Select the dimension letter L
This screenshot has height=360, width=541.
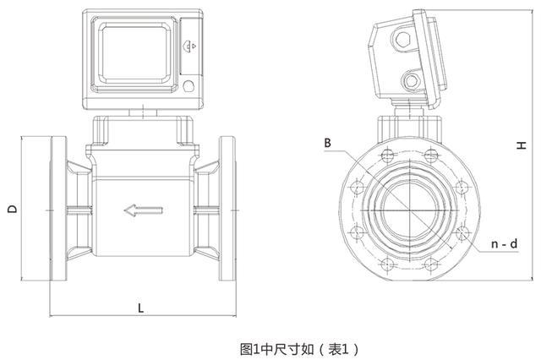coord(140,308)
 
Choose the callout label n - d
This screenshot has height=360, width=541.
coord(504,244)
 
